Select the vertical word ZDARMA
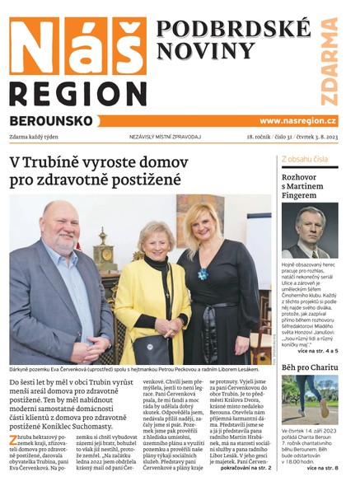point(330,62)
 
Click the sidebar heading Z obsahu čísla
point(305,158)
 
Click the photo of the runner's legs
point(309,400)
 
